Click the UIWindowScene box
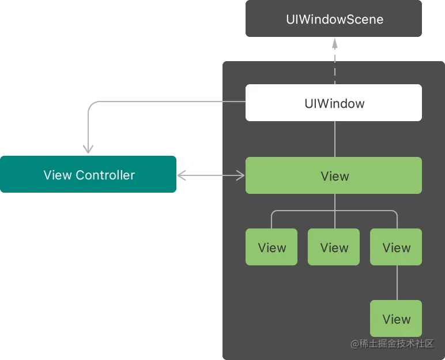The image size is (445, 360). pos(334,19)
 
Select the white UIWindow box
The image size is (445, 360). pos(334,103)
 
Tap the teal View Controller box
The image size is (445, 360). pos(88,175)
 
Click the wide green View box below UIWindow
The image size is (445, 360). pos(334,176)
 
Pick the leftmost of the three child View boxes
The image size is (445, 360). pos(271,247)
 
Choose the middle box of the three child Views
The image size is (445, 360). pos(334,247)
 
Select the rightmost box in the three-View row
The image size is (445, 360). pos(396,247)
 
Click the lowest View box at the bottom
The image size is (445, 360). pos(396,319)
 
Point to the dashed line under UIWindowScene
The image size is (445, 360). pos(334,69)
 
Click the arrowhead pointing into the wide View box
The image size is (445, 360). pos(242,175)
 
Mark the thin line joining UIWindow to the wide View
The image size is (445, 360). pos(334,139)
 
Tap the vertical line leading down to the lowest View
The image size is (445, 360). pos(397,283)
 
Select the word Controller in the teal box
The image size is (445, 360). pos(105,175)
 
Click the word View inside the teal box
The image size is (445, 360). pos(58,175)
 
